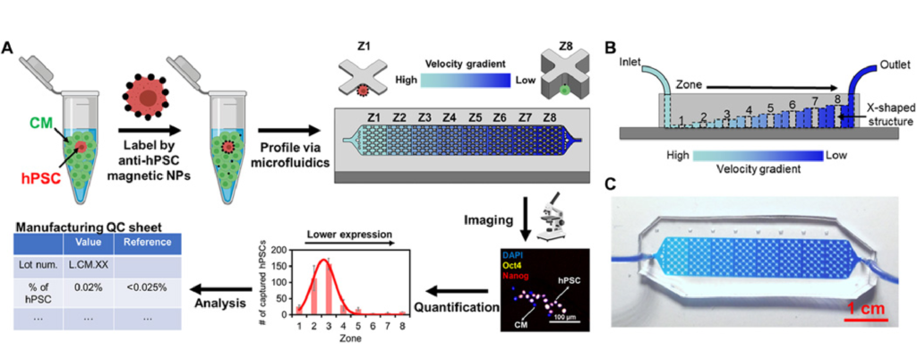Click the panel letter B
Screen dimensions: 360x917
[x=612, y=48]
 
